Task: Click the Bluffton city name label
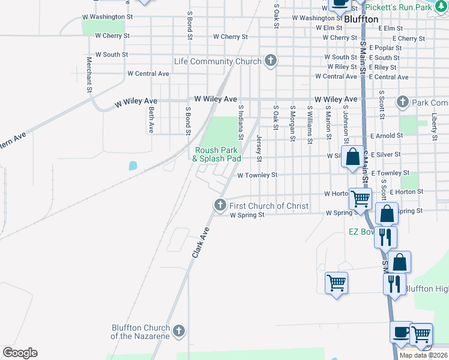point(361,19)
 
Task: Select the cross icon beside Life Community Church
point(271,61)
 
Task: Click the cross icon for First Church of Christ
point(220,205)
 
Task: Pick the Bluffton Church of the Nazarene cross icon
point(178,331)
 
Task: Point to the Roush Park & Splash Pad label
point(216,154)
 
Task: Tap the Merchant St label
point(89,74)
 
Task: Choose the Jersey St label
point(259,148)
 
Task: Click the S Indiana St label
point(240,122)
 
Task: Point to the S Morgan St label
point(292,124)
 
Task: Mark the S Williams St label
point(310,125)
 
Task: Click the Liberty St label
point(434,126)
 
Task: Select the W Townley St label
point(257,175)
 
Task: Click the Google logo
point(20,353)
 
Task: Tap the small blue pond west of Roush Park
point(132,165)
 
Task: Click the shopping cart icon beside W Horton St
point(360,198)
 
